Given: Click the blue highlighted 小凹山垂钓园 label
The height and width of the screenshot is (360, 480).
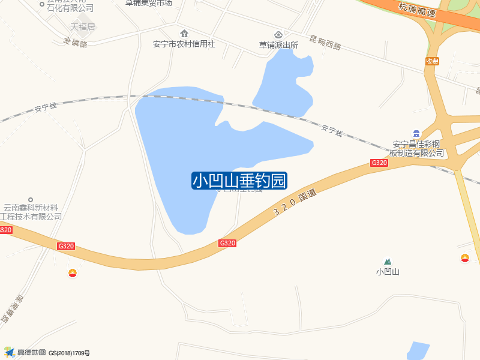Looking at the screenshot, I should (239, 181).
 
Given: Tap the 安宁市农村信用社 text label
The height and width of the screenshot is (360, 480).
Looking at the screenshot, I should (184, 44).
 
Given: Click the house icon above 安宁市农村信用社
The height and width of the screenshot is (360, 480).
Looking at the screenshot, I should (184, 32).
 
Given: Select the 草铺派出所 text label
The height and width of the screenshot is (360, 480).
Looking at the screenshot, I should (278, 44).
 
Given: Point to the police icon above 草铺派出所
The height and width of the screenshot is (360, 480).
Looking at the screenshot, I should (278, 33).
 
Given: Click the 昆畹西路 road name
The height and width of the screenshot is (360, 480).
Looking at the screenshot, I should (325, 42).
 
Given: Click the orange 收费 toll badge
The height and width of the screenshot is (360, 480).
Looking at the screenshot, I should (432, 61).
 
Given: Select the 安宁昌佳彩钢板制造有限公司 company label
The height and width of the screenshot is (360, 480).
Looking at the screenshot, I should (417, 148).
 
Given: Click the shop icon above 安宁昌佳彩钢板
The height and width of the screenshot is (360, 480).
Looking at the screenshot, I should (416, 133).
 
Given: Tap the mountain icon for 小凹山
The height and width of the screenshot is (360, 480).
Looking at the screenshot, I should (388, 262).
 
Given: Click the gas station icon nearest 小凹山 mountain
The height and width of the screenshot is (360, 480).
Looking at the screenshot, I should (465, 259).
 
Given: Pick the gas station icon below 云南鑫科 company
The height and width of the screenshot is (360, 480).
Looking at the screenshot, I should (73, 273).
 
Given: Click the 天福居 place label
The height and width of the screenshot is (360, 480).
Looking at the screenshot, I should (83, 27).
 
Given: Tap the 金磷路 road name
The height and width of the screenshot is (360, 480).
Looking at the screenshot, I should (75, 43).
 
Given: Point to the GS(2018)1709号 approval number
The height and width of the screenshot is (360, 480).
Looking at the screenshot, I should (69, 353).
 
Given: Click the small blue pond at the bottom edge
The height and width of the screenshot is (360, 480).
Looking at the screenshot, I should (418, 350).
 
